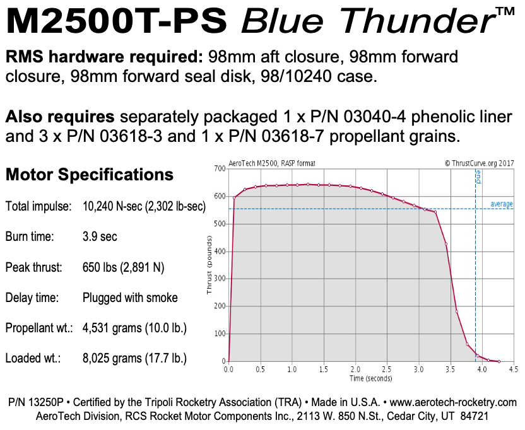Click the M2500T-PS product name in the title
117,23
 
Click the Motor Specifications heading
89,175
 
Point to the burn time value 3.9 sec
100,237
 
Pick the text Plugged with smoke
130,298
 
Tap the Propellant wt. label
39,328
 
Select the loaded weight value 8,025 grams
134,359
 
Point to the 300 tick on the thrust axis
220,279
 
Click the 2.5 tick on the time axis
386,369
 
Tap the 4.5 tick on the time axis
513,369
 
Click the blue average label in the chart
502,204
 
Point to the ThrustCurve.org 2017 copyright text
479,163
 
